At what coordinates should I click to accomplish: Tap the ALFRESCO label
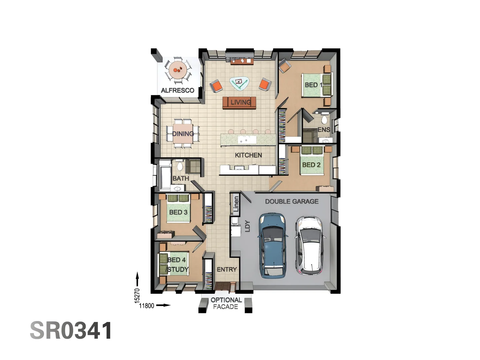(177, 90)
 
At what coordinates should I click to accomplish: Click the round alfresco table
(178, 70)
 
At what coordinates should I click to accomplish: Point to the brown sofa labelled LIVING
(239, 102)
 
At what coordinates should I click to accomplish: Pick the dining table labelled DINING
(183, 133)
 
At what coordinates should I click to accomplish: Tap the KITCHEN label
(248, 155)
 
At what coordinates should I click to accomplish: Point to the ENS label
(324, 130)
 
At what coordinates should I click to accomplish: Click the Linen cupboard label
(236, 204)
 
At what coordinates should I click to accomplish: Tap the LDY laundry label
(247, 226)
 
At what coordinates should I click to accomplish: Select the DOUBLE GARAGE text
(292, 201)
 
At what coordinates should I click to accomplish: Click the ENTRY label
(227, 269)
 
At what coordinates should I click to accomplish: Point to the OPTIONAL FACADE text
(226, 303)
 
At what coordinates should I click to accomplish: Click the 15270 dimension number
(137, 295)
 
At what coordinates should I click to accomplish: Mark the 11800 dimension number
(147, 306)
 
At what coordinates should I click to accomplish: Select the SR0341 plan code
(71, 331)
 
